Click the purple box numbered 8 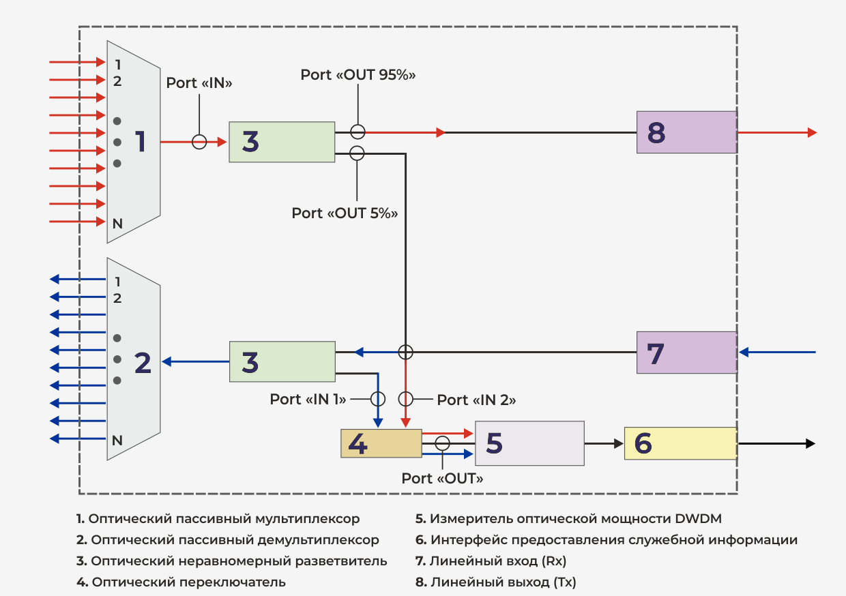coord(686,132)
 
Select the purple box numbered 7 coord(686,353)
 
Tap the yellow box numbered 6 coord(680,443)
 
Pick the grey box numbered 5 coord(529,443)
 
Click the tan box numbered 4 coord(381,444)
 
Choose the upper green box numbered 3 coord(282,142)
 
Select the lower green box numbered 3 coord(282,362)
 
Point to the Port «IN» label coord(199,83)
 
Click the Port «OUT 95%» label coord(358,74)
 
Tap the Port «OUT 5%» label coord(345,213)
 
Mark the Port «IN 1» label coord(308,399)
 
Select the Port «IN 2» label coord(476,400)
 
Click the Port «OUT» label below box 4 coord(442,478)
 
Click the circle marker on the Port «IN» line coord(199,142)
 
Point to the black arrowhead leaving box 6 coord(811,443)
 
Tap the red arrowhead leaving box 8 coord(812,132)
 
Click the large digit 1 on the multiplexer coord(141,142)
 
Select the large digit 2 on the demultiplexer coord(143,363)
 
